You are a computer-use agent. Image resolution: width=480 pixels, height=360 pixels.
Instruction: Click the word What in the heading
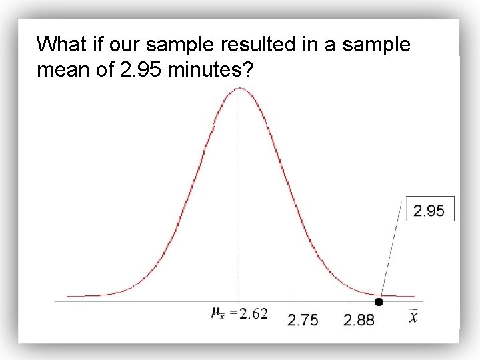[x=62, y=45]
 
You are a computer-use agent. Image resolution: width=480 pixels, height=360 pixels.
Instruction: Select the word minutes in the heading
[x=209, y=69]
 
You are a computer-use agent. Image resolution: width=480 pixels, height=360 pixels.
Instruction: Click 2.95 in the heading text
[x=141, y=69]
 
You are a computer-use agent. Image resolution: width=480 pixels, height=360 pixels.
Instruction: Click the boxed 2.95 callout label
[x=429, y=211]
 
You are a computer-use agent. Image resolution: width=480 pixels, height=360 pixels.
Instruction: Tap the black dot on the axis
[x=379, y=302]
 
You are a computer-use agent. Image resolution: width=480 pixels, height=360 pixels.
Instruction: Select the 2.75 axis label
[x=303, y=320]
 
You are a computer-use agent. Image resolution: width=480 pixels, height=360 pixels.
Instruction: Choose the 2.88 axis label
[x=359, y=320]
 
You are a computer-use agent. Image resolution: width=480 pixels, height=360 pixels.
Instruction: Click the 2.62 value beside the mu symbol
[x=253, y=313]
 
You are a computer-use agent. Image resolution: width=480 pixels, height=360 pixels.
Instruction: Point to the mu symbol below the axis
[x=217, y=313]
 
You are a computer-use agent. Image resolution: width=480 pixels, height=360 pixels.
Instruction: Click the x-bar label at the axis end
[x=413, y=316]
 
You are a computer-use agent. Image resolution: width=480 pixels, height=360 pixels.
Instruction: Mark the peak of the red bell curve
[x=240, y=89]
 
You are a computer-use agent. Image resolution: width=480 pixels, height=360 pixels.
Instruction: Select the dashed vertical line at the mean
[x=239, y=200]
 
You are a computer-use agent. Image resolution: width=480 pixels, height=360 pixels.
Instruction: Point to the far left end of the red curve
[x=69, y=295]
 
